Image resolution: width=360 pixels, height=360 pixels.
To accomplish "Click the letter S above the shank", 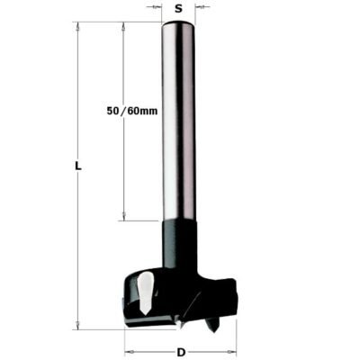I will [180, 8].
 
